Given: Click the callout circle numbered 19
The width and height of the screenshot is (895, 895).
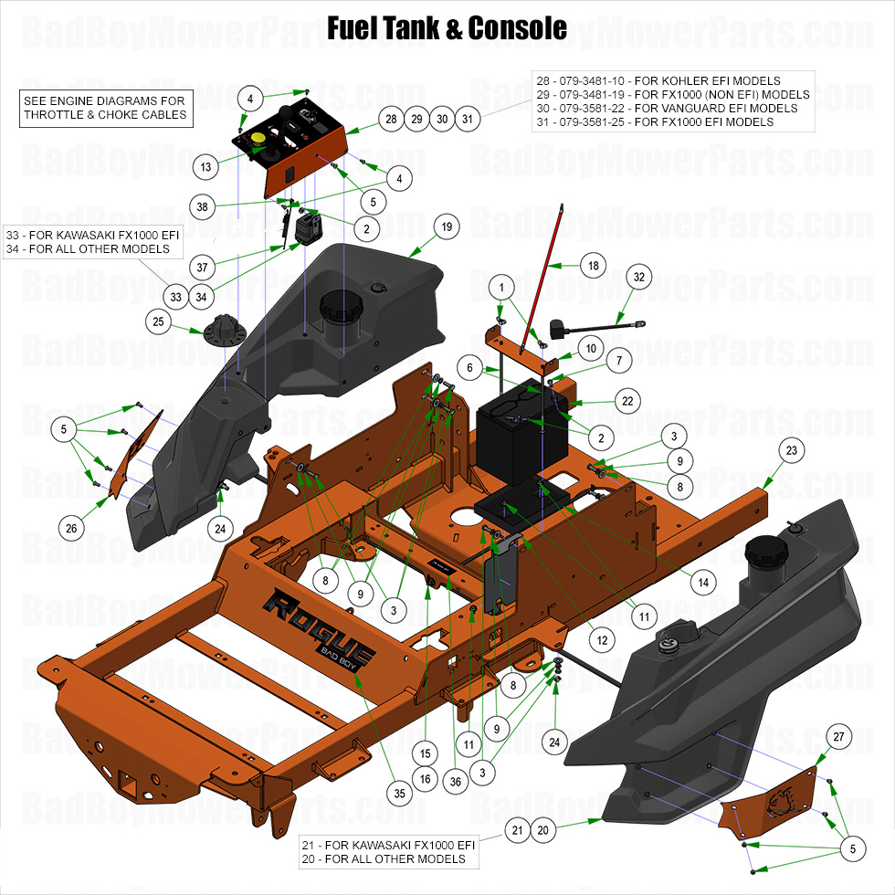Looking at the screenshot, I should coord(447,226).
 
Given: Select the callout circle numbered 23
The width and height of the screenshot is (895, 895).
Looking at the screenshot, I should coord(792,450).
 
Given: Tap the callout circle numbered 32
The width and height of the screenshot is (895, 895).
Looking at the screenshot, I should coord(639,276).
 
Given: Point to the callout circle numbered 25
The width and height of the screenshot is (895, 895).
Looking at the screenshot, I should coord(159,321).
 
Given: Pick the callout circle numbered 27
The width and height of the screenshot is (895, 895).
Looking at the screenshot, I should coord(839,737).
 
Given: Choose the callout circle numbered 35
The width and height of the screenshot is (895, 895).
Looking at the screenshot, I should coord(398,795).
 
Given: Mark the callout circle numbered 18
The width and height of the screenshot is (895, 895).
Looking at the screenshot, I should coord(594,266).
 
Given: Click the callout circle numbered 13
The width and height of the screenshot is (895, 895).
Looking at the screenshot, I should coord(206,166).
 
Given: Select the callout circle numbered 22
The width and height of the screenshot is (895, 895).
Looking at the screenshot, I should coord(627,401).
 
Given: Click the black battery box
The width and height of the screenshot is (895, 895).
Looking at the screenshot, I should coord(522,434).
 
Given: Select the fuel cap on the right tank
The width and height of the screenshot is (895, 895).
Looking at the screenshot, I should coord(765,551).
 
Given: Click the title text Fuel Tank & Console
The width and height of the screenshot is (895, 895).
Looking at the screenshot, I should coord(447,27).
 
